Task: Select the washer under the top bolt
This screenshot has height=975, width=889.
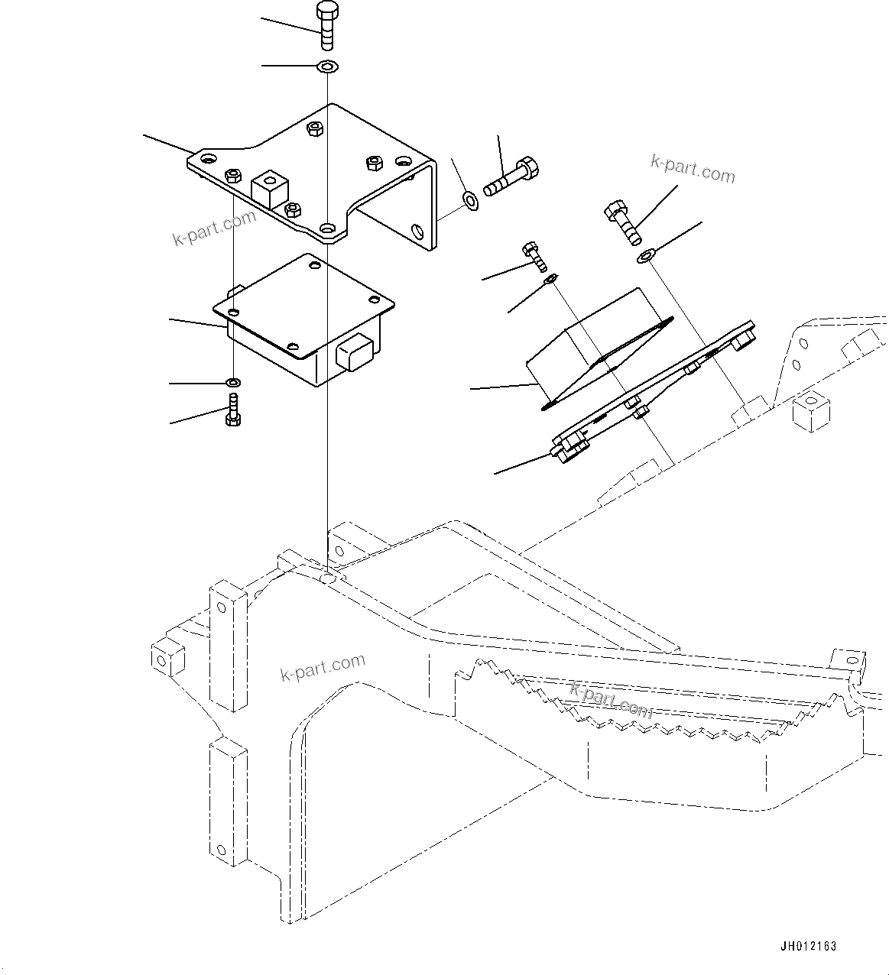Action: [327, 66]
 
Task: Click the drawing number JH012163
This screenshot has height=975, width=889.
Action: [808, 946]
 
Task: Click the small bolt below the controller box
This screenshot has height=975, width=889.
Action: [233, 410]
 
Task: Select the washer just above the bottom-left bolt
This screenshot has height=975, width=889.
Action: [233, 381]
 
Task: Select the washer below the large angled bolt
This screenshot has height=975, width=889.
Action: [646, 255]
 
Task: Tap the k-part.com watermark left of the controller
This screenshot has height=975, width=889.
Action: [214, 228]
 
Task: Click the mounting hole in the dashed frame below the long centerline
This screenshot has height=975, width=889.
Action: [327, 578]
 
